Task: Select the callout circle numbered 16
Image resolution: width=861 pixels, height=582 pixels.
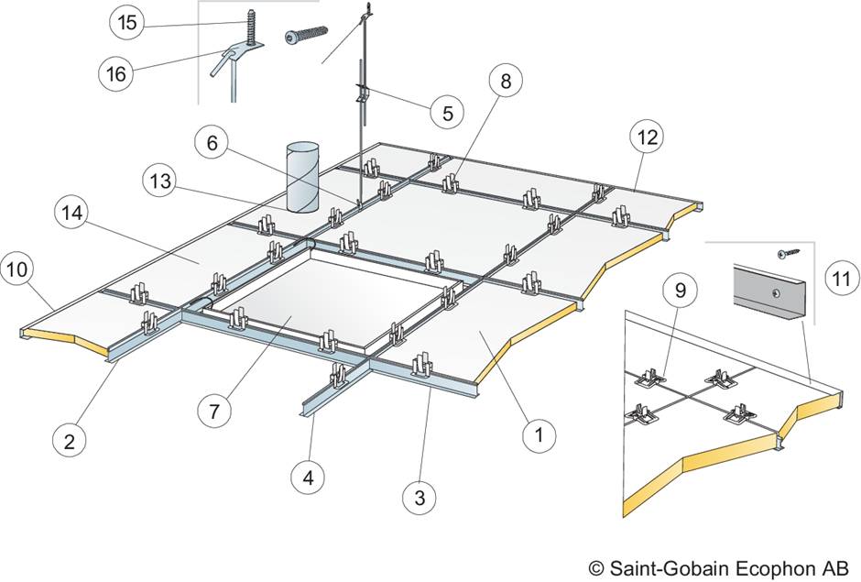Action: pos(115,73)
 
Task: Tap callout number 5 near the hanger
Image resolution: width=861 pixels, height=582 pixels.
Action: pos(447,112)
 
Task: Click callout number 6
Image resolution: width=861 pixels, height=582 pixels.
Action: pos(212,143)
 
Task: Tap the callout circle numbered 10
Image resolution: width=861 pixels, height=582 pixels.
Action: pos(17,269)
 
